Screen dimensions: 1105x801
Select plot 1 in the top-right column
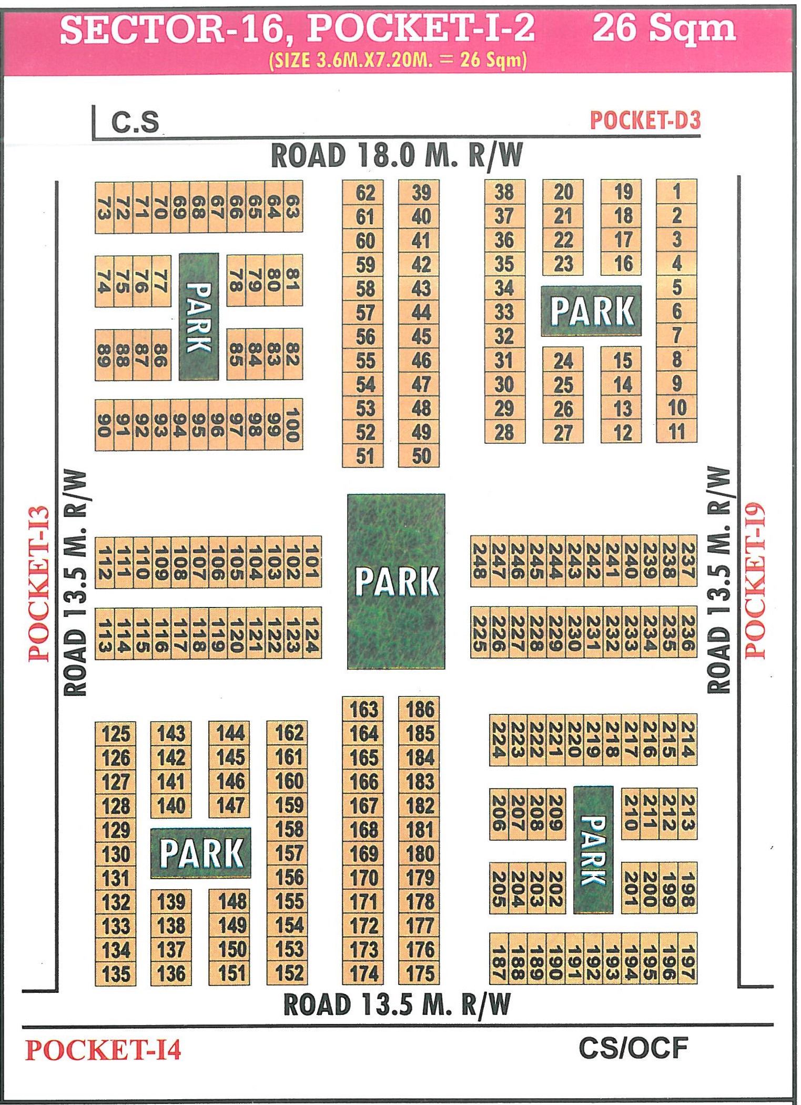coord(676,192)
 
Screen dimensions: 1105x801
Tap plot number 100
coord(292,425)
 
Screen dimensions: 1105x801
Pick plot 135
coord(116,974)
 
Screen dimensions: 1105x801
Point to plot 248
coord(480,561)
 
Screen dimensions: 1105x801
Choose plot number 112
coord(104,562)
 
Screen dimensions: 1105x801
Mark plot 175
coord(420,973)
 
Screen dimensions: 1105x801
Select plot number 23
coord(563,264)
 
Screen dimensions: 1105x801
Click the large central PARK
coord(396,581)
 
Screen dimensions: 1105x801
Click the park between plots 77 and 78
coord(199,316)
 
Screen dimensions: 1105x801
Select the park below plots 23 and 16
coord(591,311)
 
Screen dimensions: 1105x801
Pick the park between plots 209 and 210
coord(593,850)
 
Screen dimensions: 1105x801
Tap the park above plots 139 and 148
coord(200,853)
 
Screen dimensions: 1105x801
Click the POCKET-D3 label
coord(645,121)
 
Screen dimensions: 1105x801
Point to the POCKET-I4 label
coord(103,1050)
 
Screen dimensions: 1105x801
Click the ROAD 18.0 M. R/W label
coord(397,156)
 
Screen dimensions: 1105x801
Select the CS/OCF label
coord(633,1048)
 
